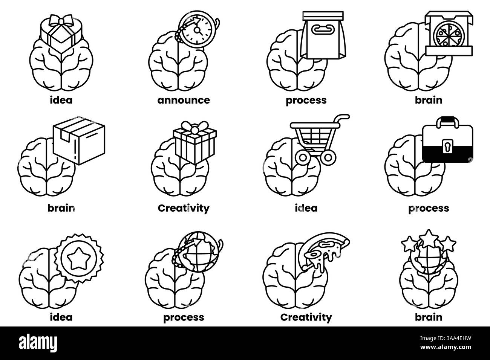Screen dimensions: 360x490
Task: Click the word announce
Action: pos(184,100)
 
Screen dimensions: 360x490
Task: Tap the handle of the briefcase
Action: pos(447,121)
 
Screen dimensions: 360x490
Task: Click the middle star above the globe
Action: pos(428,236)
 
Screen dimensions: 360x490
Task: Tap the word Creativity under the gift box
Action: pos(184,208)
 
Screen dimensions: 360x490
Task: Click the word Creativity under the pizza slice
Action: pos(306,317)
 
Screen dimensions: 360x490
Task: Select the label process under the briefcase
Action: pos(429,208)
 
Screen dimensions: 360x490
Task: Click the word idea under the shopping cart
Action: pos(306,208)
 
